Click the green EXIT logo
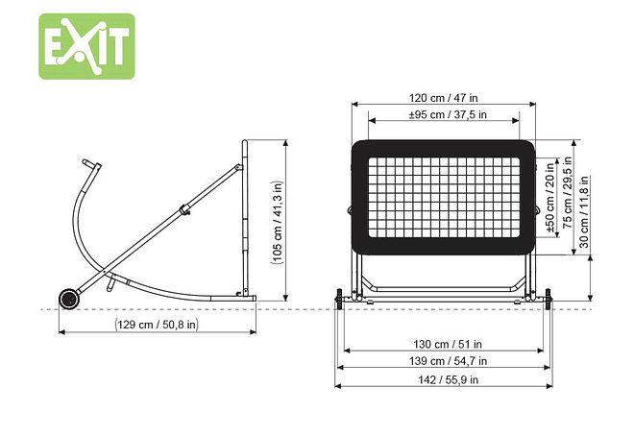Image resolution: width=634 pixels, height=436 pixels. (86, 46)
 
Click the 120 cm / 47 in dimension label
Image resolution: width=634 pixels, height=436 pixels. (443, 98)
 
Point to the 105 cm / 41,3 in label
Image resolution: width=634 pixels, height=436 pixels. (278, 222)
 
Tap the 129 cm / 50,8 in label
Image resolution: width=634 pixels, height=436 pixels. (158, 325)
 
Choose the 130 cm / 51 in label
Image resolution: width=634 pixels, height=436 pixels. (448, 344)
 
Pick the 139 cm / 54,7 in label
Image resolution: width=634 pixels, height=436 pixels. (448, 361)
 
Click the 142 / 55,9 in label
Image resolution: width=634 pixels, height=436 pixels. (448, 380)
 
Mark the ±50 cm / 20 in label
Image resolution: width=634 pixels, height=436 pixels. (550, 198)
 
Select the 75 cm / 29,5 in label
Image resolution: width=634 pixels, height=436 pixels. (568, 193)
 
